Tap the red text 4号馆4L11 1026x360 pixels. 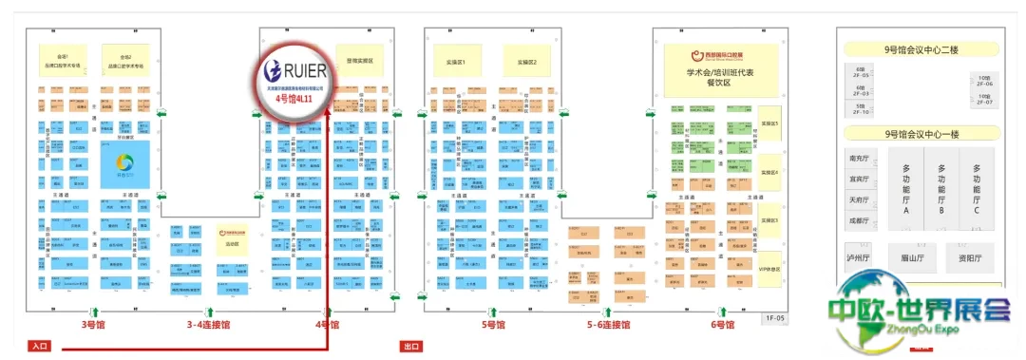pos(294,98)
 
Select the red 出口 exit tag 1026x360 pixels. pos(412,347)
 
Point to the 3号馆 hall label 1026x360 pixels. pos(92,325)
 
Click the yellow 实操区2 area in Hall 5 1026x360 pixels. pos(526,63)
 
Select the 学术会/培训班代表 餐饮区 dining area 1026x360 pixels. pos(719,76)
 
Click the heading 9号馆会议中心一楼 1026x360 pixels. pos(920,134)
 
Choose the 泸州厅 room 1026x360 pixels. pos(859,257)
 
